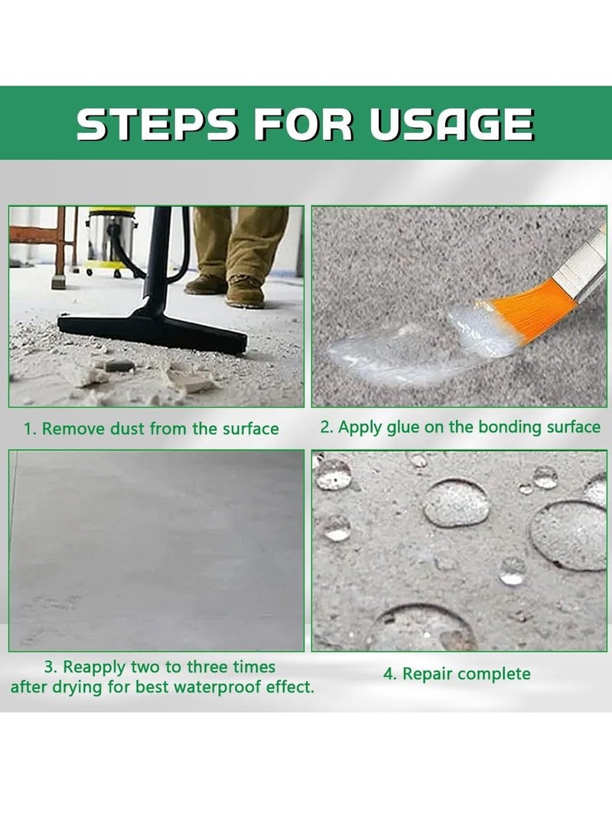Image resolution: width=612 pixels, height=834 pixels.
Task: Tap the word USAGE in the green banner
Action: (x=451, y=124)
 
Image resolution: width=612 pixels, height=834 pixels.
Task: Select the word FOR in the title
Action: (x=302, y=124)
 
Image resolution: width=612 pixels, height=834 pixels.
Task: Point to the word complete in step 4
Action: (x=494, y=674)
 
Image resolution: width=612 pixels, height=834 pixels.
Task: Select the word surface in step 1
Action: (x=251, y=429)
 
